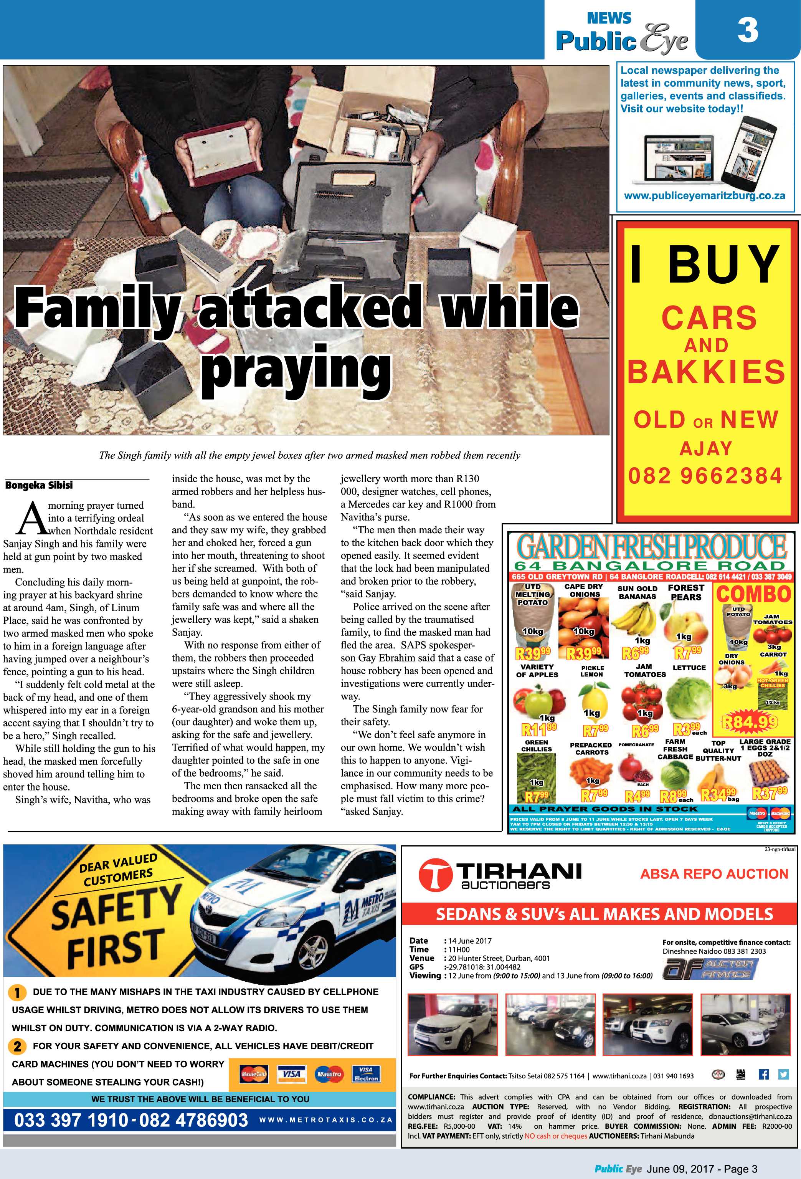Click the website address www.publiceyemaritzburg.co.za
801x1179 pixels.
click(x=704, y=196)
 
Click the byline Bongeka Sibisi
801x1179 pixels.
click(x=39, y=485)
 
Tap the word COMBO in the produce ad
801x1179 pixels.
click(x=753, y=594)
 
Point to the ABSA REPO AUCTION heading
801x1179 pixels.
click(x=714, y=874)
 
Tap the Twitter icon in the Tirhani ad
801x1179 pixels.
click(x=783, y=1074)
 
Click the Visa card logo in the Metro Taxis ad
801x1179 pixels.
click(x=292, y=1073)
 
